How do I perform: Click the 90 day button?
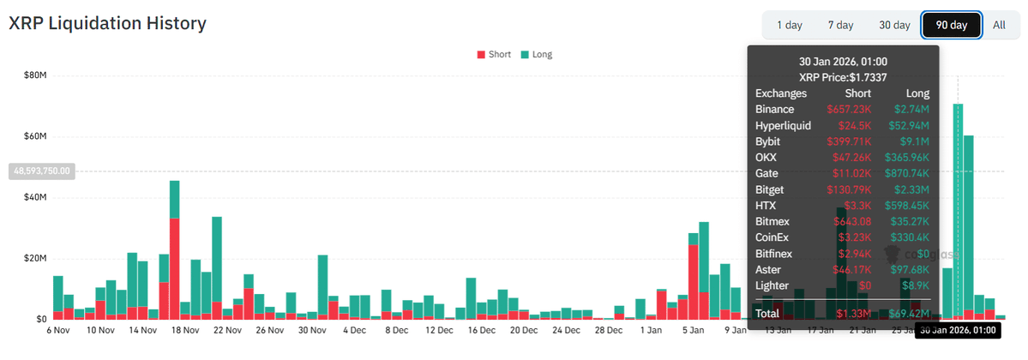point(951,25)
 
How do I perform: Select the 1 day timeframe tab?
point(789,25)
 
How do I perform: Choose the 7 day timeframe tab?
point(840,25)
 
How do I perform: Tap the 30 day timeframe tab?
point(894,25)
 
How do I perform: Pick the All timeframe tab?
point(999,25)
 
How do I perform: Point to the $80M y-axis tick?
point(35,75)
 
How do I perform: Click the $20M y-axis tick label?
point(35,258)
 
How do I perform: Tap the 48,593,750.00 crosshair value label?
point(41,171)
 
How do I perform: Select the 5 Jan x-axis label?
point(694,330)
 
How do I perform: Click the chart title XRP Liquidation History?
point(107,23)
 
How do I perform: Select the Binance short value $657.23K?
point(849,109)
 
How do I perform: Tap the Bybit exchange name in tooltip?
point(768,141)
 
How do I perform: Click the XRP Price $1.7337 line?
point(842,77)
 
